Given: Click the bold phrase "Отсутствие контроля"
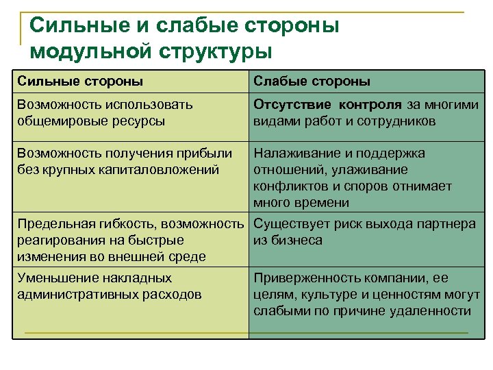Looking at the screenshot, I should point(328,105).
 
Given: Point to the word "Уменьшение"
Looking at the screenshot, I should point(58,278).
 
